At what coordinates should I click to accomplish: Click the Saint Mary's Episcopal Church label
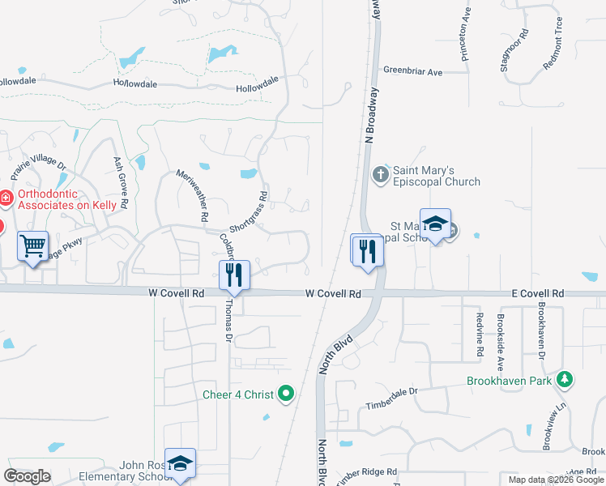pos(436,177)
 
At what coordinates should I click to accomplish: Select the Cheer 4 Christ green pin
pos(285,394)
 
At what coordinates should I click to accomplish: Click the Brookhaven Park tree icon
pos(565,379)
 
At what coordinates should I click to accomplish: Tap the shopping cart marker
pos(32,245)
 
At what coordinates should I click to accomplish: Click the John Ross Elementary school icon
pos(180,463)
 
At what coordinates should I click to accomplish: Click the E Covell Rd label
pos(537,293)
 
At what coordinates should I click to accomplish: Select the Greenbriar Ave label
pos(413,72)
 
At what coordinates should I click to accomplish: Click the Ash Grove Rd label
pos(121,183)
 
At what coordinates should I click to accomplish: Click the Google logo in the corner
pos(27,476)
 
